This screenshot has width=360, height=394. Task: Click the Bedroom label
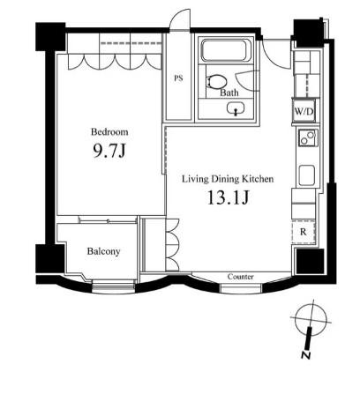click(109, 132)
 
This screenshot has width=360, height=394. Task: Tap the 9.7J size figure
click(109, 151)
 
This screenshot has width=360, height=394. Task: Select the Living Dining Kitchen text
click(228, 179)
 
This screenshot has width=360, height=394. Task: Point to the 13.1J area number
click(229, 197)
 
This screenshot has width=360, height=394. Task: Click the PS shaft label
click(178, 78)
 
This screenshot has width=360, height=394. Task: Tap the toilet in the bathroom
click(217, 81)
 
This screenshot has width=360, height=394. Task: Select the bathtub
click(225, 51)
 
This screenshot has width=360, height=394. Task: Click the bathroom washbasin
click(236, 108)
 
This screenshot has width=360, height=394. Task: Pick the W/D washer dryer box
click(304, 111)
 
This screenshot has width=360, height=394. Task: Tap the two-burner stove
click(308, 138)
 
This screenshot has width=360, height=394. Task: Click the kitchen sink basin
click(307, 175)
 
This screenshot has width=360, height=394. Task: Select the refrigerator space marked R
click(304, 232)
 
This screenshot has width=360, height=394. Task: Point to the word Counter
click(240, 277)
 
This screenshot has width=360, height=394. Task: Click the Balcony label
click(103, 251)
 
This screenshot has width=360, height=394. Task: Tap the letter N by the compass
click(306, 355)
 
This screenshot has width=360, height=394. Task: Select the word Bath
click(229, 93)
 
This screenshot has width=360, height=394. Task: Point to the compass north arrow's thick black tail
click(308, 338)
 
